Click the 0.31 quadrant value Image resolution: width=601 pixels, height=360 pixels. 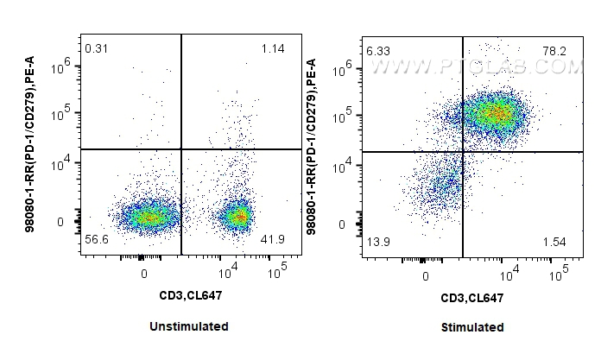96,47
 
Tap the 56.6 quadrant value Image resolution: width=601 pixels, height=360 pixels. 97,238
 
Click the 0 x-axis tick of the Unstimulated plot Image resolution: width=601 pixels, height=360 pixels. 144,273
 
